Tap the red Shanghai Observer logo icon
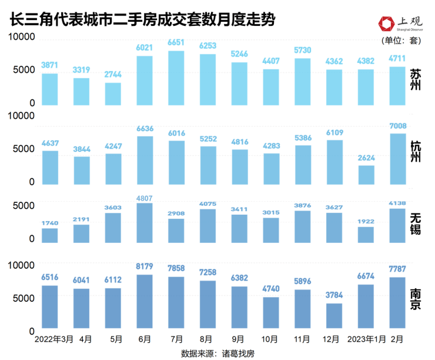[x=386, y=24]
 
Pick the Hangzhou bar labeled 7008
[x=399, y=158]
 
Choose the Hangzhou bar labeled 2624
[x=367, y=174]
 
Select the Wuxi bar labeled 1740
[x=50, y=235]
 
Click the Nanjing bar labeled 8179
[x=145, y=301]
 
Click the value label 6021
[x=145, y=48]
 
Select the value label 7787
[x=399, y=269]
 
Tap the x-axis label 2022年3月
[x=53, y=339]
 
